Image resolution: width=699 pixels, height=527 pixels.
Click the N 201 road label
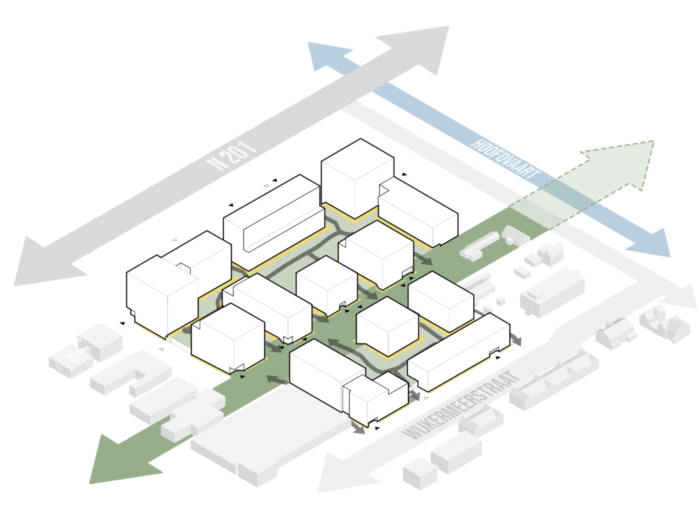231,157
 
